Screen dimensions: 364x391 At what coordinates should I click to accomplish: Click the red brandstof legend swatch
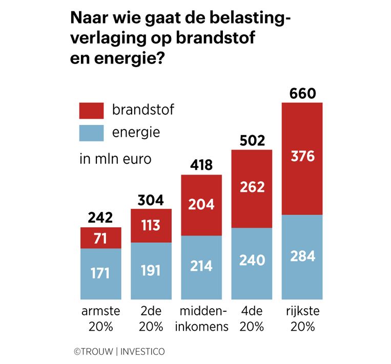(92, 110)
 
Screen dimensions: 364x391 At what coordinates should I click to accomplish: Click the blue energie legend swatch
(92, 133)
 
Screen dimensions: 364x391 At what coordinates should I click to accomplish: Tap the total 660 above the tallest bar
(302, 94)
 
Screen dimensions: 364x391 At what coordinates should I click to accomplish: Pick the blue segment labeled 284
(302, 256)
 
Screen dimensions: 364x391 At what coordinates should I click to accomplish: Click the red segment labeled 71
(101, 238)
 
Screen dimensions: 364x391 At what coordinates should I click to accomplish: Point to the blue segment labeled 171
(101, 273)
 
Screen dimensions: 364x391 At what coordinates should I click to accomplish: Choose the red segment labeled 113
(151, 225)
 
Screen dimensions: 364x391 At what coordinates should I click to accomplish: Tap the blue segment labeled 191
(151, 271)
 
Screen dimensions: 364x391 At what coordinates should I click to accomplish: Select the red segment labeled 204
(201, 205)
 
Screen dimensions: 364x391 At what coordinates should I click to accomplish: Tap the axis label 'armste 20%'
(101, 319)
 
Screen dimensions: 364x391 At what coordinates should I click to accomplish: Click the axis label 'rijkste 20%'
(302, 319)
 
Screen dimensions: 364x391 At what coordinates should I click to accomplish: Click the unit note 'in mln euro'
(115, 159)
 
